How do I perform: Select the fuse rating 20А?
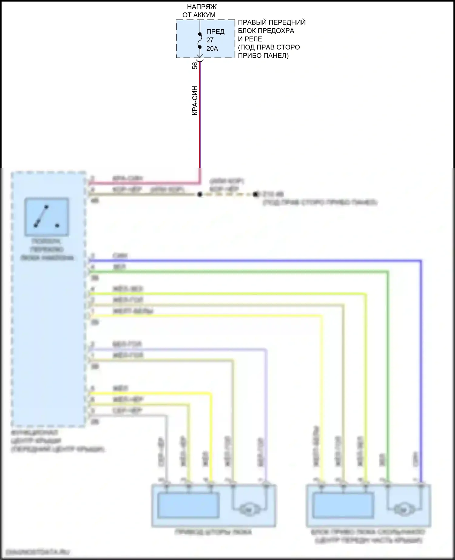[212, 49]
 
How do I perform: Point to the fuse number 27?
[210, 40]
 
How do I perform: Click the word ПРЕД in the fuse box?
[215, 32]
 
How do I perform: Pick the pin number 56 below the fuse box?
[195, 66]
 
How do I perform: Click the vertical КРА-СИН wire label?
[195, 100]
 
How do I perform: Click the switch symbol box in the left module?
[47, 217]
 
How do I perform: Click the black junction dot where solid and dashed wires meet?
[200, 194]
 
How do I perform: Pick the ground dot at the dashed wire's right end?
[255, 194]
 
